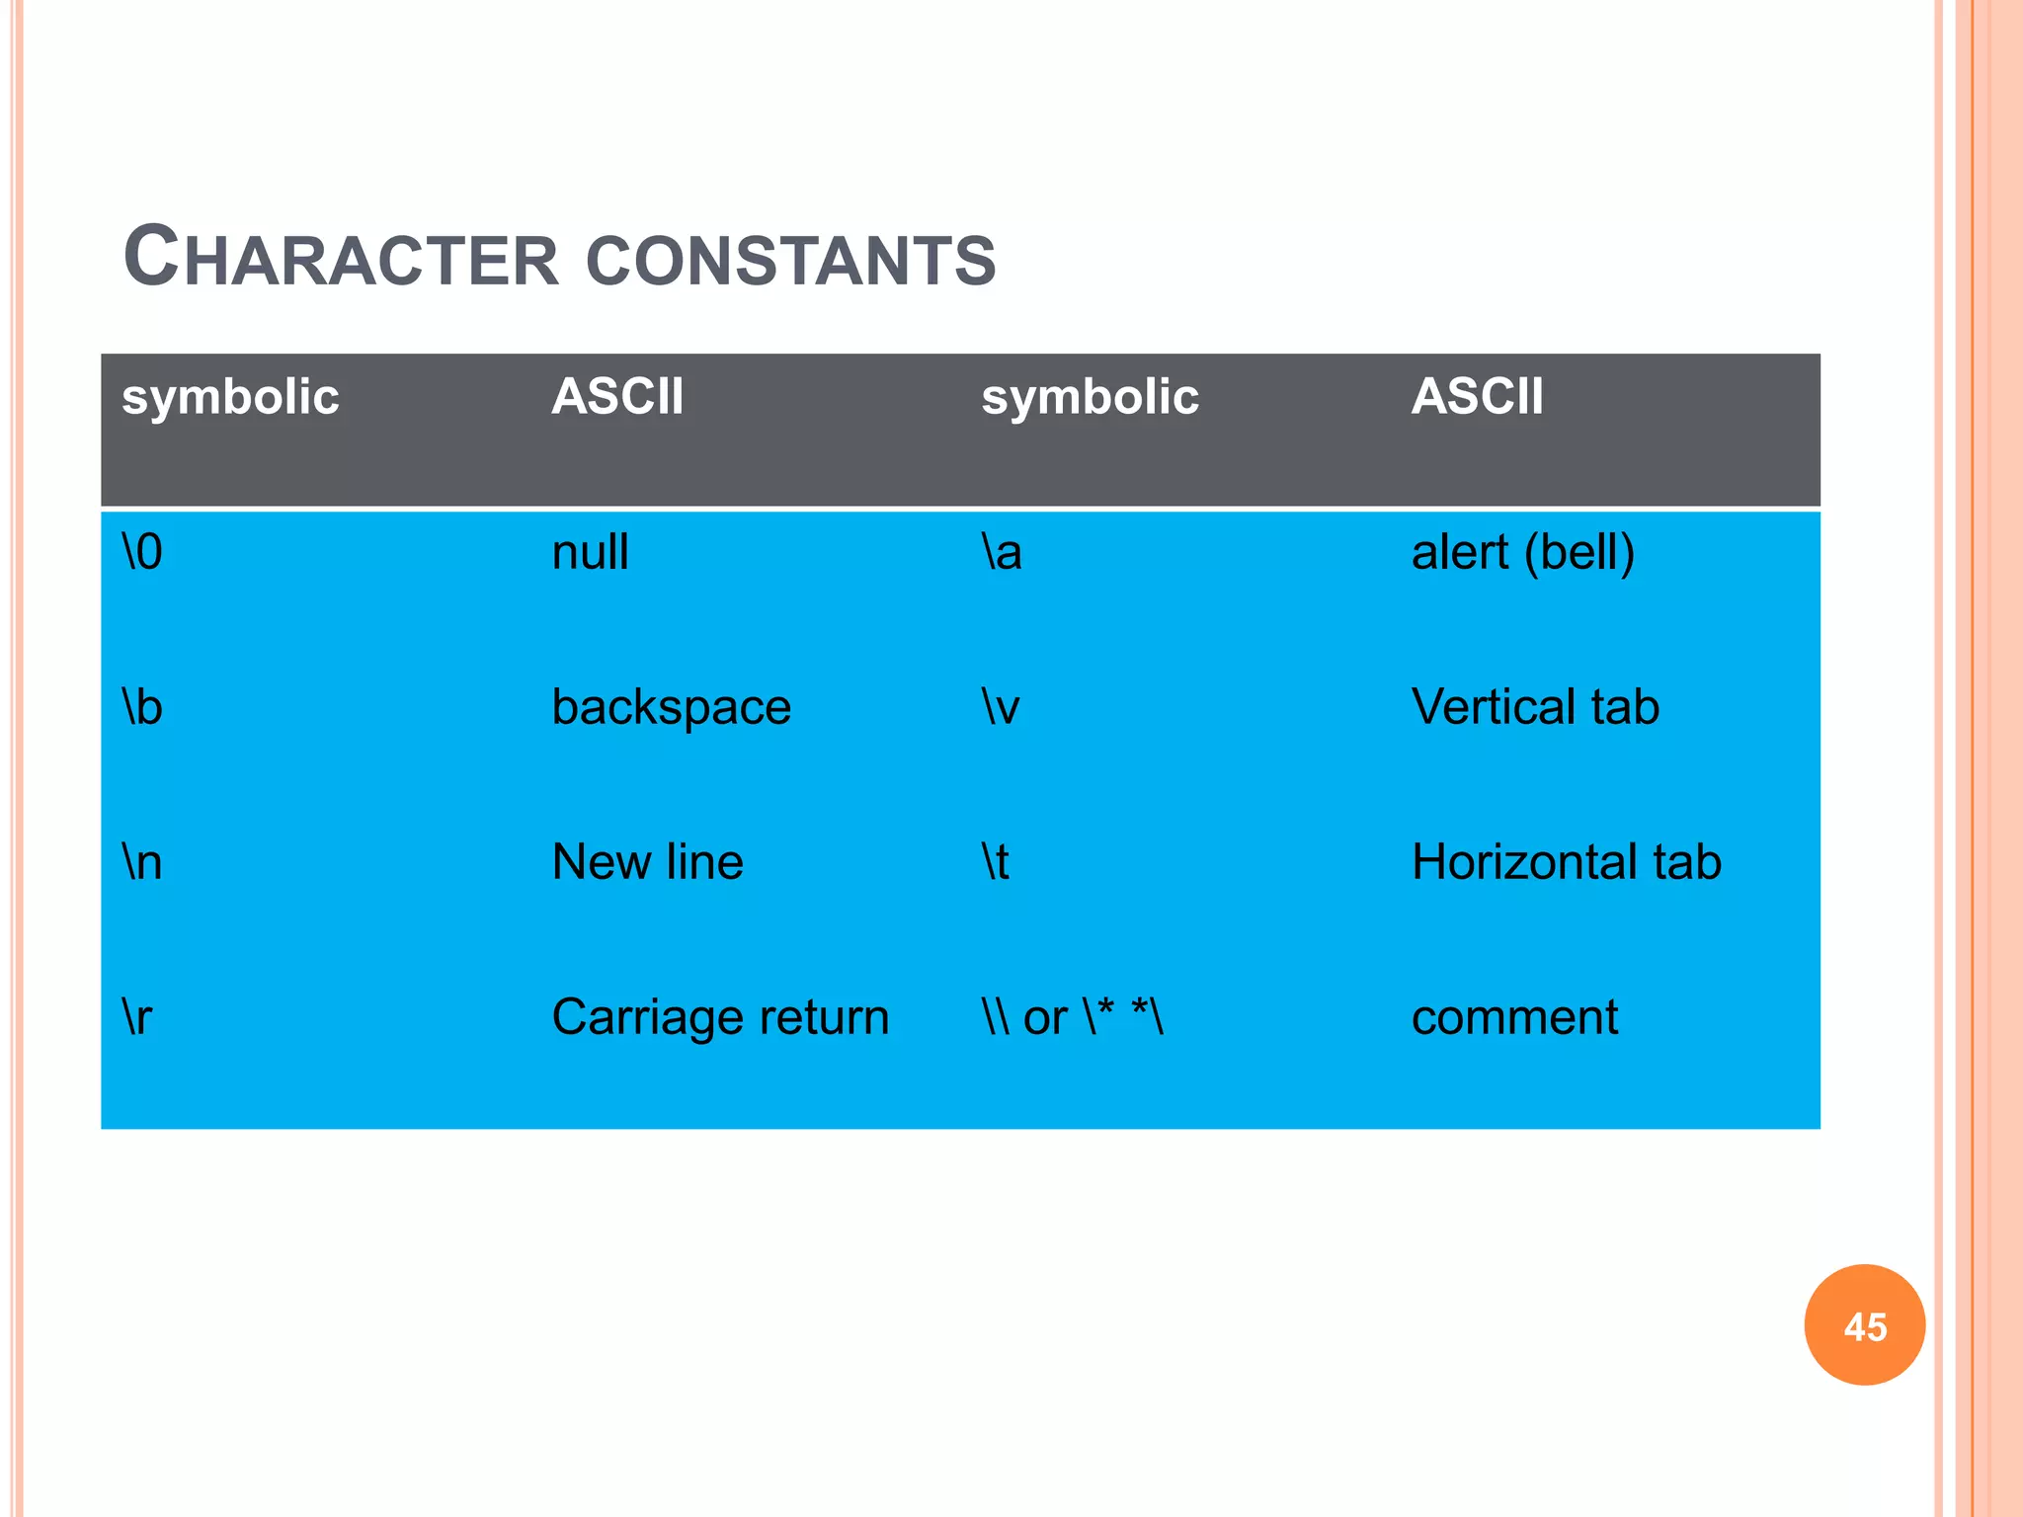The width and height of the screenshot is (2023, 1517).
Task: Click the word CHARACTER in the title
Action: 341,259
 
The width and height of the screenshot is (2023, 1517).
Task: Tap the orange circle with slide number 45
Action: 1864,1324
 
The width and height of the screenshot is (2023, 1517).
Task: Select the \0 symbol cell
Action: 142,552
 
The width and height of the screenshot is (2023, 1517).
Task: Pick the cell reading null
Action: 590,552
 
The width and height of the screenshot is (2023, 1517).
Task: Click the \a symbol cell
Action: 1002,552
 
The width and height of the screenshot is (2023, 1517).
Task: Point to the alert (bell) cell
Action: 1522,552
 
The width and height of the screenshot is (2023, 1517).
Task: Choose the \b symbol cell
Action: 142,707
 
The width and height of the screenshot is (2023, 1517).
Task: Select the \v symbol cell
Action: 1001,707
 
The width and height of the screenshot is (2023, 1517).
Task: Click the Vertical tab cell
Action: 1535,707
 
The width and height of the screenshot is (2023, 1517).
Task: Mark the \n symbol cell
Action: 142,862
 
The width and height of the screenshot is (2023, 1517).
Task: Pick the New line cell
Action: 647,862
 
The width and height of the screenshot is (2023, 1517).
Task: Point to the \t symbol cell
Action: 996,862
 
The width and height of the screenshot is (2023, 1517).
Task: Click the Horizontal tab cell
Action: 1566,862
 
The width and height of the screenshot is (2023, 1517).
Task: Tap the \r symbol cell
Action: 137,1017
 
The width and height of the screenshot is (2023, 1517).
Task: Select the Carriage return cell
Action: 720,1017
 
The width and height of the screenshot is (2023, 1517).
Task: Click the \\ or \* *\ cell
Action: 1073,1017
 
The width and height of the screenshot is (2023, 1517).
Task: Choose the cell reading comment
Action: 1514,1017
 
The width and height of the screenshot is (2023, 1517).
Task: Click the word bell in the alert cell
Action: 1578,552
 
